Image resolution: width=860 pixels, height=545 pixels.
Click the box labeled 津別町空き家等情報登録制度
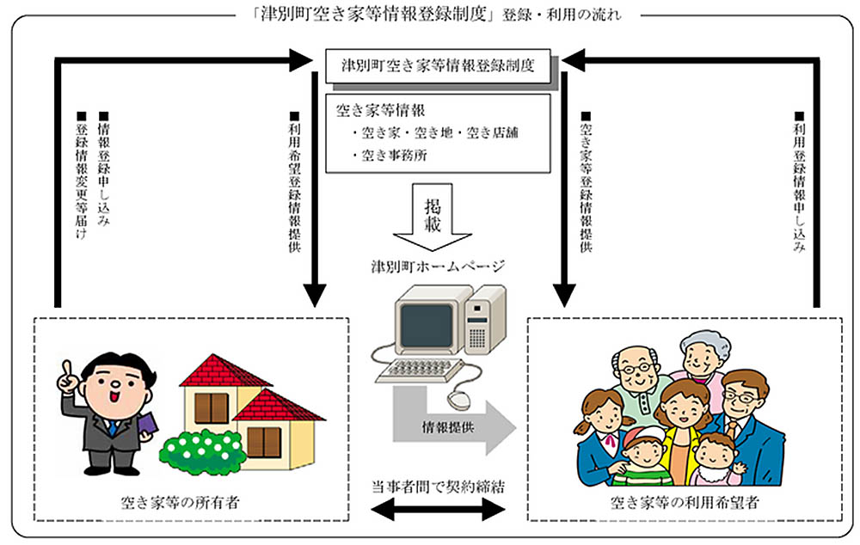coord(439,65)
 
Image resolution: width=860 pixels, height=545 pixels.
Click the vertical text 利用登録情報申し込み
coord(799,181)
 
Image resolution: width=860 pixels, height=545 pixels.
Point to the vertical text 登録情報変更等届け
coord(82,185)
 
